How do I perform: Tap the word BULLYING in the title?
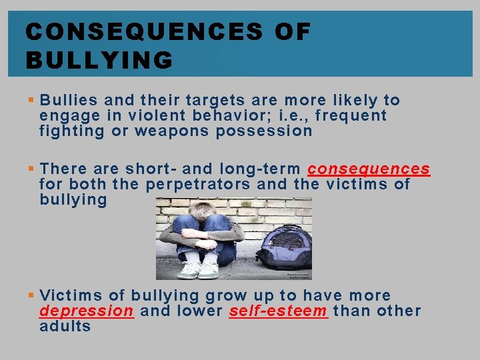99,61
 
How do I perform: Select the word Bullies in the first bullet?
69,101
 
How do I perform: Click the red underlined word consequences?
369,169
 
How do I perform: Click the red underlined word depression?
87,311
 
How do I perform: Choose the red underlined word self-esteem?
279,311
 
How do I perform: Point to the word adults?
65,326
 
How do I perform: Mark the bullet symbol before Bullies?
32,101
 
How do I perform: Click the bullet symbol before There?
32,170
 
